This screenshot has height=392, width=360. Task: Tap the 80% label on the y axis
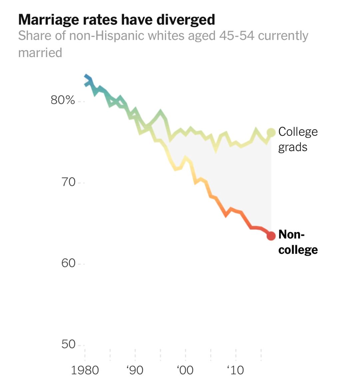pyautogui.click(x=63, y=100)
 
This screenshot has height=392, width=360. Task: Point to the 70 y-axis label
pyautogui.click(x=68, y=182)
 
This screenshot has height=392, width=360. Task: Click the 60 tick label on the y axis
pyautogui.click(x=68, y=263)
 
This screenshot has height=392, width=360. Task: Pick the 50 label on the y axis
pyautogui.click(x=68, y=344)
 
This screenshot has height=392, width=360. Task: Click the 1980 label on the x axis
pyautogui.click(x=85, y=370)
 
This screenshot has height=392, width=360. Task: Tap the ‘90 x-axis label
pyautogui.click(x=135, y=370)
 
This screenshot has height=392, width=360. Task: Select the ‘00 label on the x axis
pyautogui.click(x=185, y=370)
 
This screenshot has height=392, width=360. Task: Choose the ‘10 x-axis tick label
pyautogui.click(x=235, y=370)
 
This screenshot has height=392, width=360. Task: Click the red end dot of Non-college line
pyautogui.click(x=271, y=236)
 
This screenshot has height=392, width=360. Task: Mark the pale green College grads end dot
pyautogui.click(x=271, y=132)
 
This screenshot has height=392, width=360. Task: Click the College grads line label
pyautogui.click(x=298, y=139)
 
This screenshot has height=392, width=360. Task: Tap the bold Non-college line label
pyautogui.click(x=298, y=242)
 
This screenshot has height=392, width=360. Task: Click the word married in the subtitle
pyautogui.click(x=40, y=53)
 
